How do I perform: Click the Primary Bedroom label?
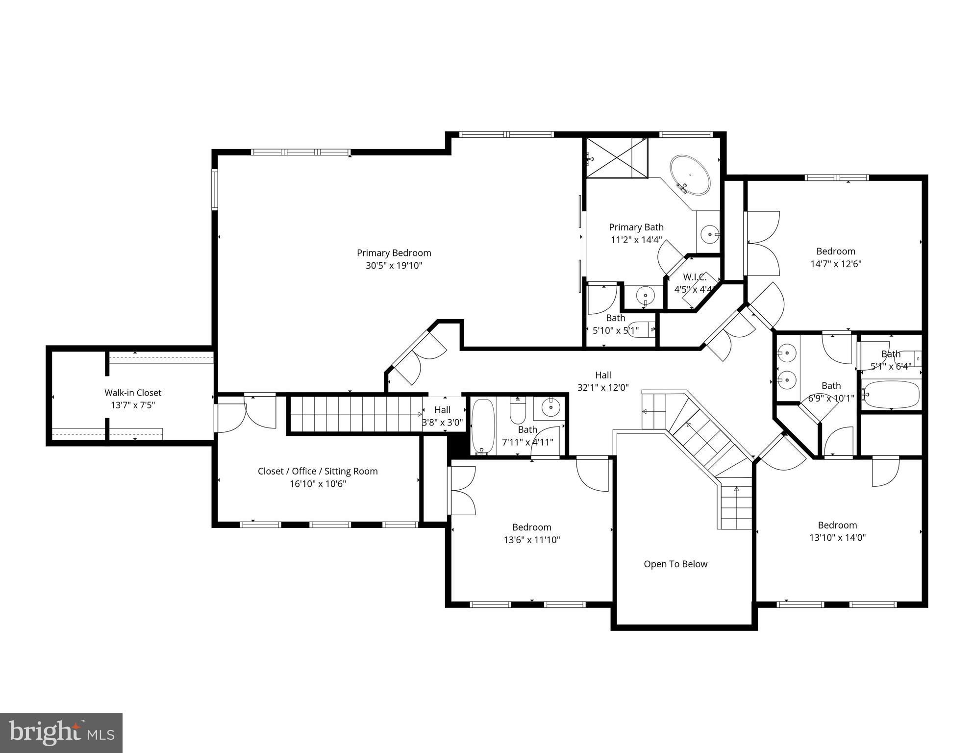(x=394, y=253)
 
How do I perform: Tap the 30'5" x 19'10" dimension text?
(x=394, y=266)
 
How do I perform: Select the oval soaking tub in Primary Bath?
(x=690, y=176)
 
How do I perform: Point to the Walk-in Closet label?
(x=132, y=393)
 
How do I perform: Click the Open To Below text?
(x=675, y=564)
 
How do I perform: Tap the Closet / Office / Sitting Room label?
(x=318, y=471)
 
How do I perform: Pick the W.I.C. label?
(x=694, y=277)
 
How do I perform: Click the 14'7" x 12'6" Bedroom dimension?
(x=835, y=264)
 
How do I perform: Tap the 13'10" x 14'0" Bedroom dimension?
(x=837, y=537)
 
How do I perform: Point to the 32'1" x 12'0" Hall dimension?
(x=602, y=388)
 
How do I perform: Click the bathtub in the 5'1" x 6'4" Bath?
(x=891, y=395)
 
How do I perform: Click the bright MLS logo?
(x=61, y=733)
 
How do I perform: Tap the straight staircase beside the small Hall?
(x=355, y=414)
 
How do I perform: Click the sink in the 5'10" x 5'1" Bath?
(x=645, y=296)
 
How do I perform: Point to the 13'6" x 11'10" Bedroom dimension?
(x=531, y=540)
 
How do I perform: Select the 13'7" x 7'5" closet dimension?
(x=132, y=405)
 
